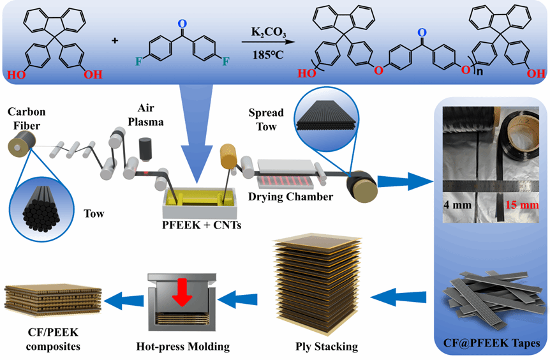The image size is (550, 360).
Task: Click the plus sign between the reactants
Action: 115,41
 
